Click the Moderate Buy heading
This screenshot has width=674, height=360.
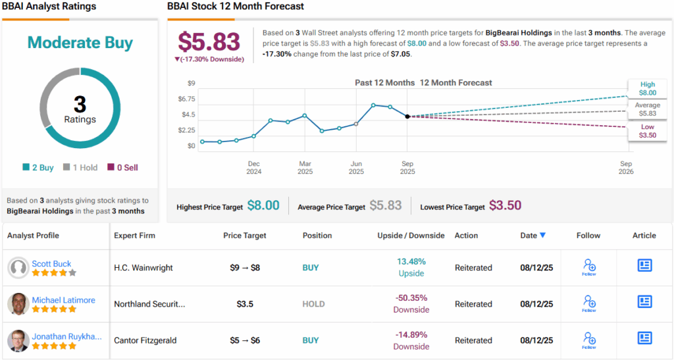click(80, 43)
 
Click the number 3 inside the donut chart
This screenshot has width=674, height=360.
click(80, 105)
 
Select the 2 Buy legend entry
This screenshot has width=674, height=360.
click(38, 167)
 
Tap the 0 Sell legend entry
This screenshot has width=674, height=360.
click(122, 167)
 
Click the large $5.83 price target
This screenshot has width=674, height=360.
click(209, 41)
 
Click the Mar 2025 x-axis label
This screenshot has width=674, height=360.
click(305, 167)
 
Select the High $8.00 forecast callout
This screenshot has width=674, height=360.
click(647, 88)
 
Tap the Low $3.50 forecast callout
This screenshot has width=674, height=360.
click(647, 130)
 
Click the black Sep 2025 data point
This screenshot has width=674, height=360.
click(407, 116)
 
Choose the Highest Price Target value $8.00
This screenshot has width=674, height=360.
click(263, 206)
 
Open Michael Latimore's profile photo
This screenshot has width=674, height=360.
click(18, 303)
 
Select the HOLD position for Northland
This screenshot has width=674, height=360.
click(314, 304)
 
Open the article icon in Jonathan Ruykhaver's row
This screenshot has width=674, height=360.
click(644, 338)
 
